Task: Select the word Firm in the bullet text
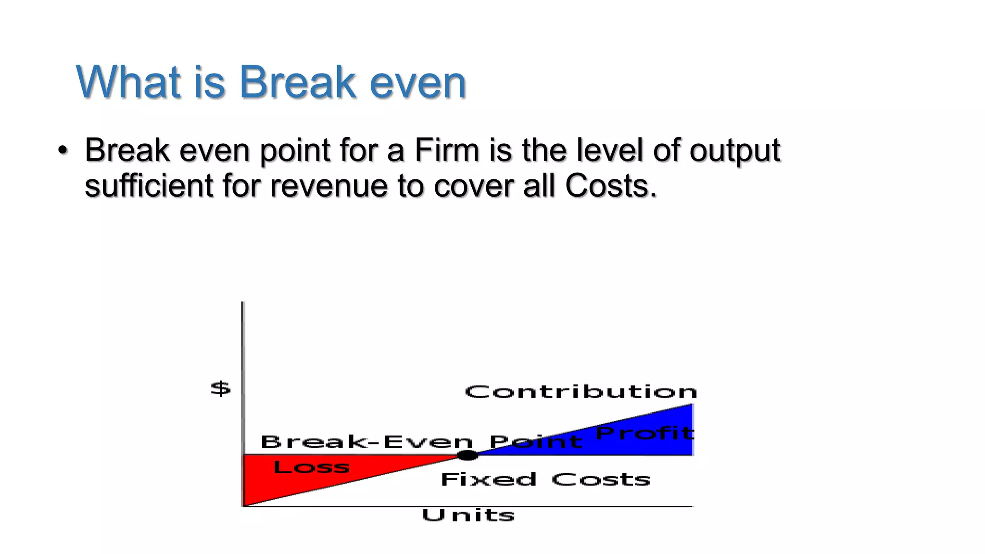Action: click(447, 150)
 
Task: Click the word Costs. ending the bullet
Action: click(611, 186)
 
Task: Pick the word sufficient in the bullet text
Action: click(149, 186)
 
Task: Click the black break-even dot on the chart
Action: click(467, 455)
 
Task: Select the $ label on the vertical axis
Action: click(221, 389)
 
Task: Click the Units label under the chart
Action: click(468, 516)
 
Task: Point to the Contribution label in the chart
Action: click(581, 392)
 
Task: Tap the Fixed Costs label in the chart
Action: click(545, 479)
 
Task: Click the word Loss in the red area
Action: click(311, 467)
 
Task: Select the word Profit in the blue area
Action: click(644, 433)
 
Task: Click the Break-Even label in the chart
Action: click(366, 442)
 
